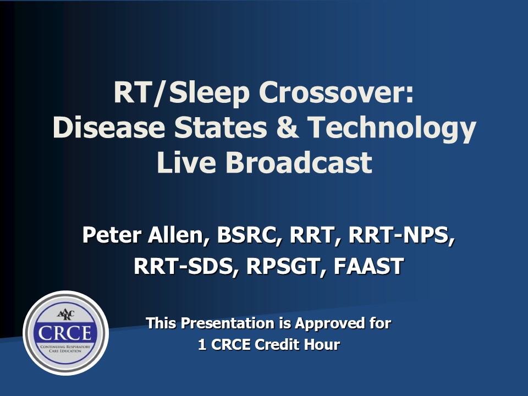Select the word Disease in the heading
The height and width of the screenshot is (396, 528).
coord(109,128)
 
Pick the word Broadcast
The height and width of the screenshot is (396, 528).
coord(298,162)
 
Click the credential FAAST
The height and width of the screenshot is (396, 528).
coord(369,266)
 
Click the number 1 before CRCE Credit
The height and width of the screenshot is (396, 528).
coord(202,345)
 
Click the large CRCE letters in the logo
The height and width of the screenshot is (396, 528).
coord(65,333)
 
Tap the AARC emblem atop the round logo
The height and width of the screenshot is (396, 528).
coord(65,315)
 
